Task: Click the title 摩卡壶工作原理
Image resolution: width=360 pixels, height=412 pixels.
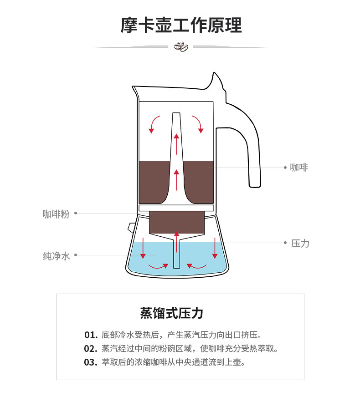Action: tap(181, 26)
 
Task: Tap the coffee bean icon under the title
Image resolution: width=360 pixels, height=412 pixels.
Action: tap(181, 46)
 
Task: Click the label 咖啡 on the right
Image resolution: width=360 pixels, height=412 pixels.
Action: tap(299, 168)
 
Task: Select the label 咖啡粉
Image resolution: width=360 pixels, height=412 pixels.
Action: tap(56, 214)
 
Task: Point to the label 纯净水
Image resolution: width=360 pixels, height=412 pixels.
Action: tap(57, 256)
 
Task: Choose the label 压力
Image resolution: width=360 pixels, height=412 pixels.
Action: tap(300, 244)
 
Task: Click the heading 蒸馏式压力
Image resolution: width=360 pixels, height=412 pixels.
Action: tap(171, 313)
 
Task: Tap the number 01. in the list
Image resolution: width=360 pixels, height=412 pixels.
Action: tap(91, 335)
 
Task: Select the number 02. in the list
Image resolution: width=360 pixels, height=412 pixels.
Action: tap(91, 349)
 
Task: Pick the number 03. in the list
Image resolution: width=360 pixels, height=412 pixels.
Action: tap(91, 362)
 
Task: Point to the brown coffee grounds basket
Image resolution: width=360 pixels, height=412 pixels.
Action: tap(176, 222)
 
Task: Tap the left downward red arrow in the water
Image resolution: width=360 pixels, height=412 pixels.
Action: tap(143, 248)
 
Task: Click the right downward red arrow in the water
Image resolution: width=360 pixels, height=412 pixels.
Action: tap(215, 248)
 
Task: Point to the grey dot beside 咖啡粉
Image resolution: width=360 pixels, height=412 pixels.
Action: tap(76, 213)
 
